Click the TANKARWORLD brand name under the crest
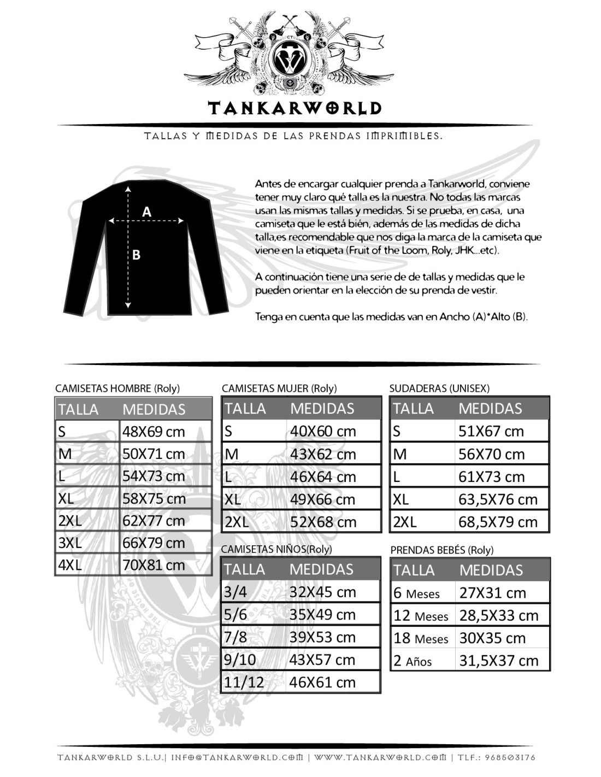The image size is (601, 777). pos(294,108)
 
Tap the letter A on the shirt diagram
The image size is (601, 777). pos(146,211)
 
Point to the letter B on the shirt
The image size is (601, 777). pos(136,255)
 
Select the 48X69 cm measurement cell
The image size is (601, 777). pos(154,432)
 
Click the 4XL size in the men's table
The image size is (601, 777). pos(70,565)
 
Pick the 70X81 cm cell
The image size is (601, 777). pos(154,565)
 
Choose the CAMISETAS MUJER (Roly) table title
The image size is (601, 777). pos(279,388)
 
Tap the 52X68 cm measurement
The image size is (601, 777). pos(323,522)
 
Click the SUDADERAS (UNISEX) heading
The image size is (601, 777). pos(439,388)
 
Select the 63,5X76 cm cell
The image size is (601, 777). pos(498,499)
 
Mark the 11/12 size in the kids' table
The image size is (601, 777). pos(244,682)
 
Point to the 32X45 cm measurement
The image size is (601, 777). pos(322,592)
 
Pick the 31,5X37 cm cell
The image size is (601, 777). pos(499,661)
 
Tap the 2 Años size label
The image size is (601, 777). pos(413,661)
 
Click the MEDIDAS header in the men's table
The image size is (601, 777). pos(154,409)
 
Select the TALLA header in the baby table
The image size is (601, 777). pos(414,570)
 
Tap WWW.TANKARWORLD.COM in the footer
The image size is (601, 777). pos(380,757)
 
